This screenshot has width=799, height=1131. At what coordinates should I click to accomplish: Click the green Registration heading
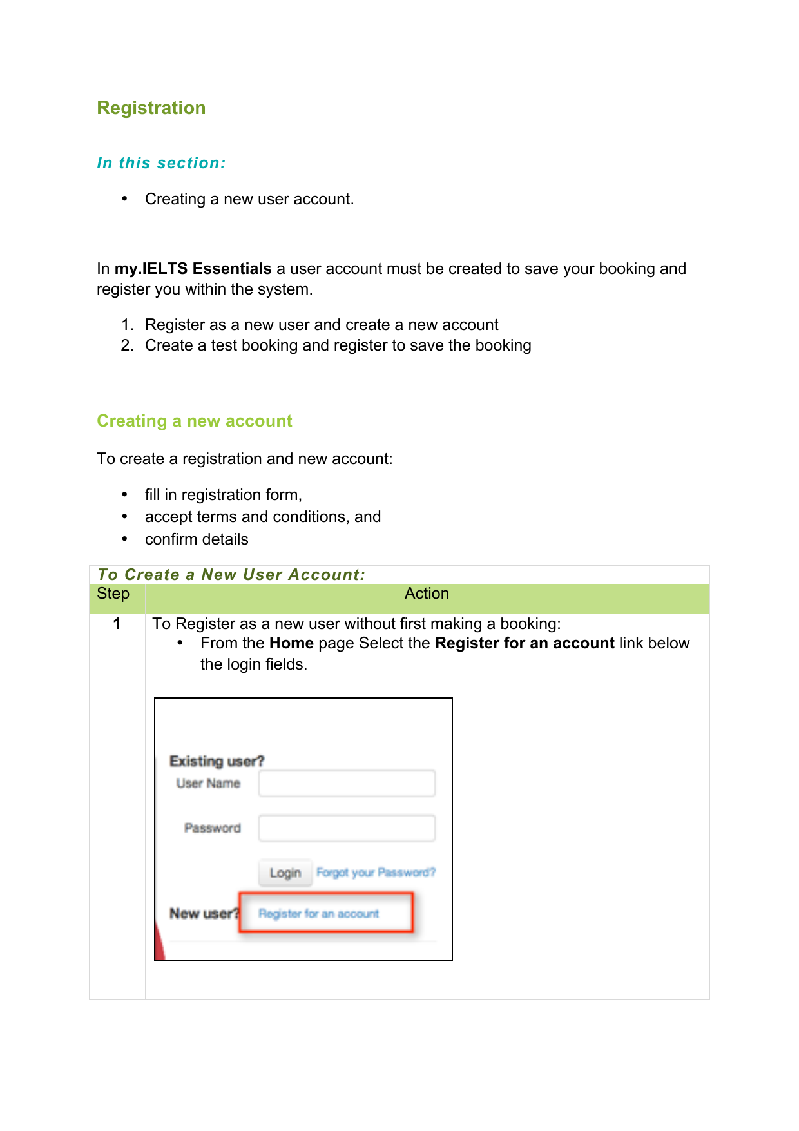pyautogui.click(x=151, y=108)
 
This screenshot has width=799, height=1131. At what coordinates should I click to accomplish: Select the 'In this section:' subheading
pyautogui.click(x=161, y=163)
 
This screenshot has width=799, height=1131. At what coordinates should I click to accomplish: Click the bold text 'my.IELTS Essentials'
pyautogui.click(x=193, y=269)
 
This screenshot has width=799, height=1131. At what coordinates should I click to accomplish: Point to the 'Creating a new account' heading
pyautogui.click(x=194, y=421)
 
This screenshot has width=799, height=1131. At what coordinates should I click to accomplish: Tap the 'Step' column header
pyautogui.click(x=113, y=594)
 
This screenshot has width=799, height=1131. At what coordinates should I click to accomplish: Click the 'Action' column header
pyautogui.click(x=427, y=594)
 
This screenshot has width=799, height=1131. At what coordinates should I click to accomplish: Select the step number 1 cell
pyautogui.click(x=117, y=624)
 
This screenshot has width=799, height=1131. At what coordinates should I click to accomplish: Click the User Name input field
pyautogui.click(x=347, y=784)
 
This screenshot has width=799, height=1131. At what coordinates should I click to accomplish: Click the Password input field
pyautogui.click(x=347, y=828)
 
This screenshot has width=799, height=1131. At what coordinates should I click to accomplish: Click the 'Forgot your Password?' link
pyautogui.click(x=376, y=873)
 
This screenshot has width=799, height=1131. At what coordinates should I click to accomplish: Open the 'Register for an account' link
pyautogui.click(x=318, y=913)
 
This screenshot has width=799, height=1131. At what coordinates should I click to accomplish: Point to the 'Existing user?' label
pyautogui.click(x=217, y=761)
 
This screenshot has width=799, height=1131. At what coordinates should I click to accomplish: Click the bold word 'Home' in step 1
pyautogui.click(x=291, y=643)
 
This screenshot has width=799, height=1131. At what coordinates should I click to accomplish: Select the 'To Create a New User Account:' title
pyautogui.click(x=231, y=575)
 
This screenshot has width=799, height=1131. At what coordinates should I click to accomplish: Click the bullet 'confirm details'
pyautogui.click(x=197, y=539)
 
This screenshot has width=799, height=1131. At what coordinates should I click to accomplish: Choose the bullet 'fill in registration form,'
pyautogui.click(x=223, y=495)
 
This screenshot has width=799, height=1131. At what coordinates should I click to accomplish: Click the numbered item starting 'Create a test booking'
pyautogui.click(x=338, y=345)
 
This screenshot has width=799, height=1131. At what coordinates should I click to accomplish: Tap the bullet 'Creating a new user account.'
pyautogui.click(x=249, y=199)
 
